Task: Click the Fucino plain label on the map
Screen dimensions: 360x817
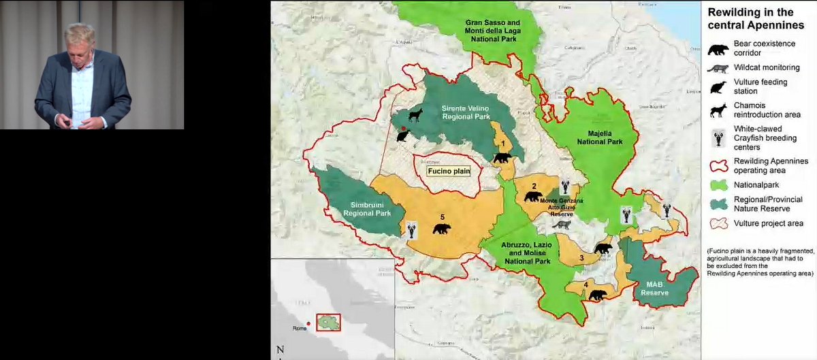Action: tap(449, 171)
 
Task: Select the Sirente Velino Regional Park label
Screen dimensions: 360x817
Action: tap(466, 113)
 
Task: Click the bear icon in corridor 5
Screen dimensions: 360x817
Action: tap(442, 229)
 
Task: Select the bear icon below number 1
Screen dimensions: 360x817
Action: tap(502, 158)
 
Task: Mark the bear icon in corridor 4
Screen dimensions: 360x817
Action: tap(598, 295)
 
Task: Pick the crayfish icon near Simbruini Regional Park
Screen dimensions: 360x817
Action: tap(412, 230)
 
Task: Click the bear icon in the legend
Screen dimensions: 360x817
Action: tap(718, 49)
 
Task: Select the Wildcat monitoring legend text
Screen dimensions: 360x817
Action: tap(767, 67)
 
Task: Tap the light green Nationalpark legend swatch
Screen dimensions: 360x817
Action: tap(718, 184)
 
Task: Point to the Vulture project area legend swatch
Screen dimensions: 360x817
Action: tap(718, 223)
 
